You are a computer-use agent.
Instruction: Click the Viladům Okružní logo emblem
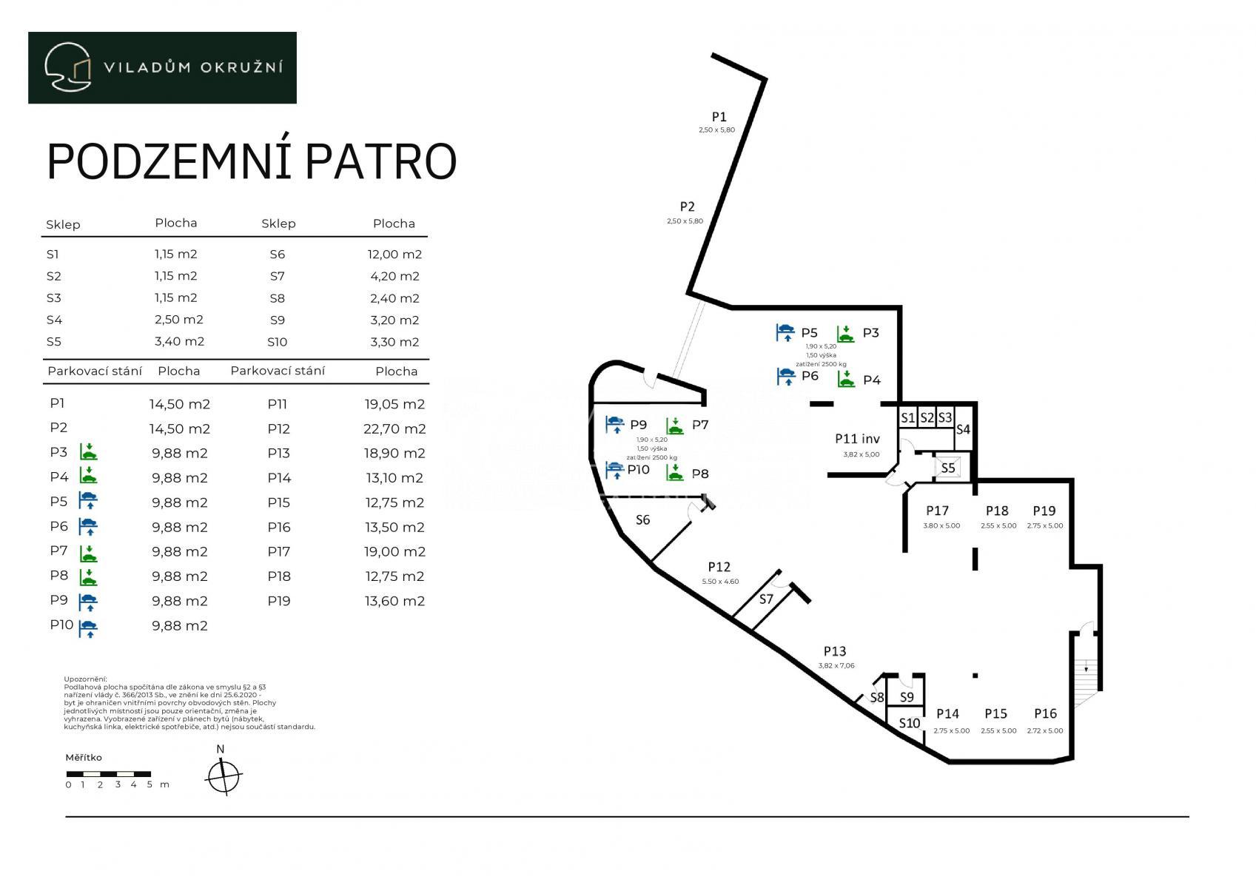(x=68, y=67)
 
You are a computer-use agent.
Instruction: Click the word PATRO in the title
(x=380, y=161)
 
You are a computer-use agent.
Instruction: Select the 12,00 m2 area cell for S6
(x=394, y=254)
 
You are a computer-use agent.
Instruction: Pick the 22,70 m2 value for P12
(x=394, y=429)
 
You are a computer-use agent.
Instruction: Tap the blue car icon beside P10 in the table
(x=88, y=628)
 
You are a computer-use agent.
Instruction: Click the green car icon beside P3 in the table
(x=88, y=452)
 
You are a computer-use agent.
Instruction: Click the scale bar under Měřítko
(x=108, y=774)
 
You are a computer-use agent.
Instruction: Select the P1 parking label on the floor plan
(x=719, y=117)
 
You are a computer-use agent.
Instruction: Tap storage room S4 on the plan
(x=964, y=429)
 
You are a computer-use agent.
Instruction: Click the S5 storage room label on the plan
(x=947, y=468)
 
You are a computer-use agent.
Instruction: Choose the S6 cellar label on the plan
(x=642, y=519)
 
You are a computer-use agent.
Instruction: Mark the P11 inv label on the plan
(x=857, y=438)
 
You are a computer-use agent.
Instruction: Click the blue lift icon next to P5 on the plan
(x=785, y=332)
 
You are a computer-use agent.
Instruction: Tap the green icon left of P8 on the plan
(x=674, y=473)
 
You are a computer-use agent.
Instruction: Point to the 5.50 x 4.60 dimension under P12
(x=720, y=582)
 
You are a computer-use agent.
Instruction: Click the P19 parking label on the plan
(x=1044, y=511)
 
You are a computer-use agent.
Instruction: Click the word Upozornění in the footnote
(x=85, y=679)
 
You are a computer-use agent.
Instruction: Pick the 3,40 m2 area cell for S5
(x=179, y=341)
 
